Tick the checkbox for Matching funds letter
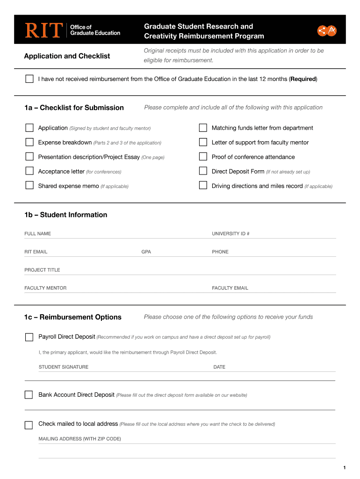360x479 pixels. click(x=203, y=128)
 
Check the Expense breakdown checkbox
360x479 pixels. click(x=29, y=142)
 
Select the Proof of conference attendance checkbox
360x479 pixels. click(x=203, y=157)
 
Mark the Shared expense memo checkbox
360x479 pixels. click(x=29, y=186)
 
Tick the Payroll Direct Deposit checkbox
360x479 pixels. click(x=29, y=337)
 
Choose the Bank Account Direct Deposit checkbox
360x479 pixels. click(x=29, y=395)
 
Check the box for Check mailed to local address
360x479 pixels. click(x=29, y=425)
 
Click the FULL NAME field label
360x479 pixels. click(x=38, y=233)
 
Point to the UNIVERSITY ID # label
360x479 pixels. click(x=230, y=233)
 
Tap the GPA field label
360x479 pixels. click(x=146, y=252)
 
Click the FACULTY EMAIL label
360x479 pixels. click(x=230, y=288)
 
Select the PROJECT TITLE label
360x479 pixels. click(x=42, y=270)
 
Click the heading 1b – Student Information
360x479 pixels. click(x=66, y=215)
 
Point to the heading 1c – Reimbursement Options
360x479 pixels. click(x=73, y=317)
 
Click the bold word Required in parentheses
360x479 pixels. click(x=303, y=79)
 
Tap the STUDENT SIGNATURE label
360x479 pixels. click(x=63, y=367)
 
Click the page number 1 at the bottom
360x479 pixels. click(x=344, y=468)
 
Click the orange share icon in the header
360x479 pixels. click(x=322, y=31)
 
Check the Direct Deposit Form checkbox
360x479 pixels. click(x=203, y=171)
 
